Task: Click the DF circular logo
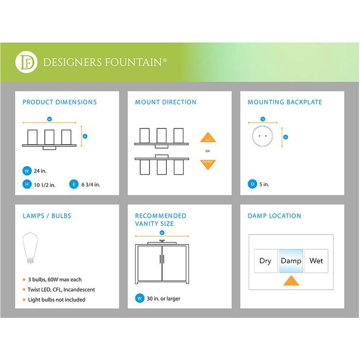coord(26,62)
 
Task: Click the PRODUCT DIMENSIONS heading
coord(60,102)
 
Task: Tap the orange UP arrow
coord(208,137)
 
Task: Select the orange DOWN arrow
coord(208,164)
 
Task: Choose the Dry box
coord(266,261)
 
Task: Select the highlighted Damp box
coord(291,261)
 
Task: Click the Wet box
coord(316,261)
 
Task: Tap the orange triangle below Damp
coord(291,281)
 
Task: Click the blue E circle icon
coord(74,184)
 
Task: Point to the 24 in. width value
coord(41,171)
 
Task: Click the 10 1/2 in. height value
coord(45,184)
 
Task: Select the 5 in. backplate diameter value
coord(264,184)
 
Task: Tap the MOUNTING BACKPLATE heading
coord(285,102)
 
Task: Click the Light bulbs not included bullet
coord(56,299)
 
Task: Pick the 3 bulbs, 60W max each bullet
coord(55,279)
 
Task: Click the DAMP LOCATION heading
coord(274,216)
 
